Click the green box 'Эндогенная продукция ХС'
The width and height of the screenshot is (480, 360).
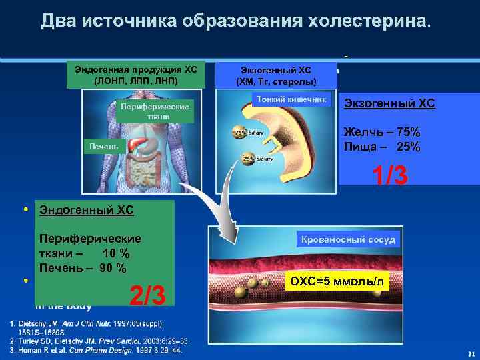tap(135, 75)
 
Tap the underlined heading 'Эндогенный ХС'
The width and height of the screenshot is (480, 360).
tap(87, 211)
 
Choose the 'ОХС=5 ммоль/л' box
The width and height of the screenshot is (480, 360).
tap(336, 282)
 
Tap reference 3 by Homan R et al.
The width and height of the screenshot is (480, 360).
tap(93, 349)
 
